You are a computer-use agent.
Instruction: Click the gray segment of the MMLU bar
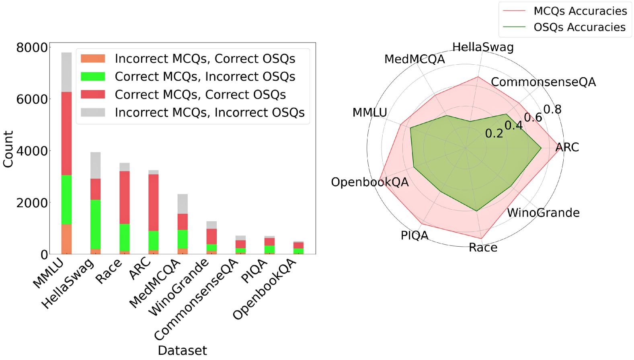pos(66,72)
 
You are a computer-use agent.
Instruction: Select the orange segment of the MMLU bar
pos(66,239)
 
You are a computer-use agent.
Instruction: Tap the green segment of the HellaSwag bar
pos(95,224)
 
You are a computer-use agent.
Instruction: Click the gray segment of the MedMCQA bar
pos(183,204)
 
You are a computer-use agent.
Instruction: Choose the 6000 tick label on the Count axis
pos(32,99)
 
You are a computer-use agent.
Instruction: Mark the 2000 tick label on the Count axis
pos(32,203)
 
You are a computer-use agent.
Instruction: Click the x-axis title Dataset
pos(182,350)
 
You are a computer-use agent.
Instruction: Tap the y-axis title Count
pos(8,149)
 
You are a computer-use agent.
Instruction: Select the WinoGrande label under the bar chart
pos(179,287)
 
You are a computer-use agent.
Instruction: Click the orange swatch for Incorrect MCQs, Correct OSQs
pos(93,59)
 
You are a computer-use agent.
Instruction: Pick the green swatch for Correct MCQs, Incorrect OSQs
pos(93,76)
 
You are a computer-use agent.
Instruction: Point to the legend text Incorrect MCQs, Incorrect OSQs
pos(209,112)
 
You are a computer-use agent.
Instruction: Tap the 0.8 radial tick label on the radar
pos(552,109)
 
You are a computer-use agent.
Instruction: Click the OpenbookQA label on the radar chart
pos(369,182)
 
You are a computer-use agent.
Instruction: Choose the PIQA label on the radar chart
pos(414,235)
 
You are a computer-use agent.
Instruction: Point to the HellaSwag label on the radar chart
pos(483,47)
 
